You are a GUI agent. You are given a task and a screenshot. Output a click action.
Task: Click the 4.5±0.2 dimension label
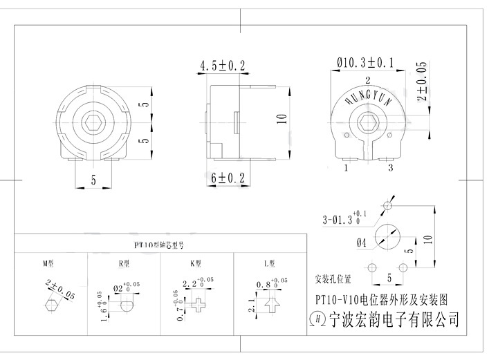tap(223, 66)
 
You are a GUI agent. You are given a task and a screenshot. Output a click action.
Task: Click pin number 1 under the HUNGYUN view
tap(344, 167)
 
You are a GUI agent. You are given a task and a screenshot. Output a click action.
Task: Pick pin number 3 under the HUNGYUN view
tap(391, 167)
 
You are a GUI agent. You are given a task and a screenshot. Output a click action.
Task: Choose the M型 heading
tap(48, 263)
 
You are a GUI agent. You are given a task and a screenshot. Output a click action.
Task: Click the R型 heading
tap(124, 263)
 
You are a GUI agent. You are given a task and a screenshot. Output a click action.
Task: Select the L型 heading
tap(270, 263)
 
